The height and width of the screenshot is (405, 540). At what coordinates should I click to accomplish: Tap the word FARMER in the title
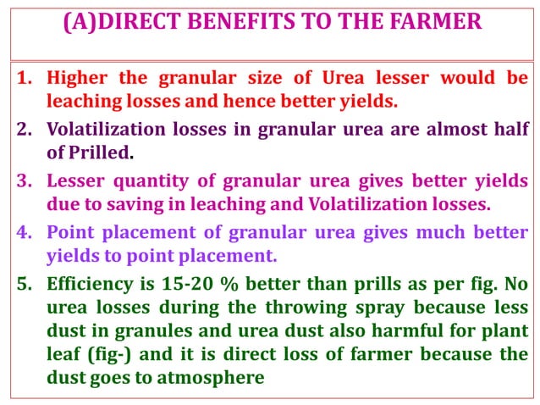pos(438,24)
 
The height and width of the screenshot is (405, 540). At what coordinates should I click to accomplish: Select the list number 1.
pos(25,79)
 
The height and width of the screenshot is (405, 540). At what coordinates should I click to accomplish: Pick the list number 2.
pos(25,130)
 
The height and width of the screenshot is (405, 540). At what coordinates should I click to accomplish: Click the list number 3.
pos(25,180)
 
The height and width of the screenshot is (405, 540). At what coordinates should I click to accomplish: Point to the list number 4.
pos(25,231)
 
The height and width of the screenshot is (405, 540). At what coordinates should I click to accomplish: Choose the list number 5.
pos(25,283)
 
